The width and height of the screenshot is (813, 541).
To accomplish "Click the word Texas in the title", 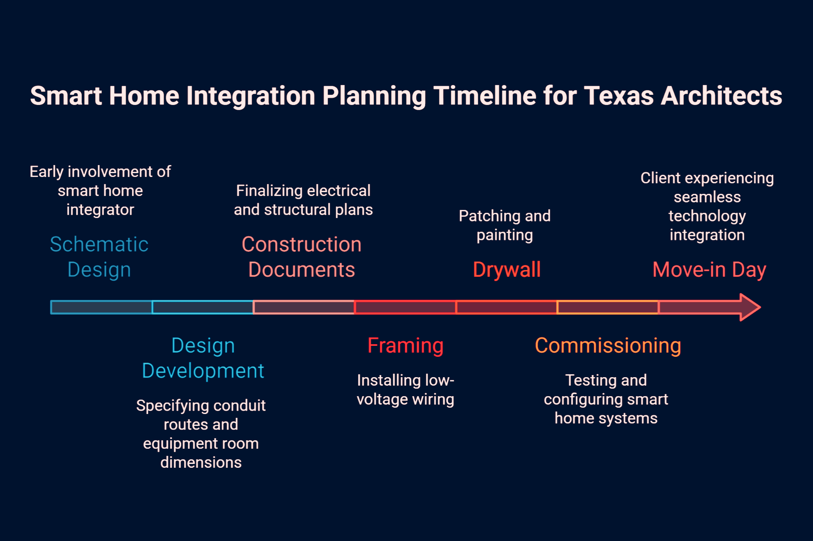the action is point(619,96).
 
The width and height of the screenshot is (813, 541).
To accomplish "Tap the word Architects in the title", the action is point(722,96).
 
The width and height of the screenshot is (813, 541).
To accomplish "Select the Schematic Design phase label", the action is point(99,257).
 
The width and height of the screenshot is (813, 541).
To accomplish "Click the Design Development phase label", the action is point(203,358).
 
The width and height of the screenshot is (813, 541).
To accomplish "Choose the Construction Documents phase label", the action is point(301,257).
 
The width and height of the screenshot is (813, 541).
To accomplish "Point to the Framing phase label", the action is point(405,346).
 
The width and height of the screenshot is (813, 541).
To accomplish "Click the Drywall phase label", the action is point(507,270).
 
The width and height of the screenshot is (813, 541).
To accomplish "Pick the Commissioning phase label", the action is point(608,346).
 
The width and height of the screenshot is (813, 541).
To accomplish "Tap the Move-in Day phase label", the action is point(709,270).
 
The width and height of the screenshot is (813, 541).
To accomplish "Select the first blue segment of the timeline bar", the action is point(101,307).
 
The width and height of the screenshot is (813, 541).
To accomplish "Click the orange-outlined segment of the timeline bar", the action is point(608,307).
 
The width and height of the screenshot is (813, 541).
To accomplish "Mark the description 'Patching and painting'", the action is point(505,225).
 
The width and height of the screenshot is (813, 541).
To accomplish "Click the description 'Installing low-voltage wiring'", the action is point(406,390).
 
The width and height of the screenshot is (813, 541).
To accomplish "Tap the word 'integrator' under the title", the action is point(100,210).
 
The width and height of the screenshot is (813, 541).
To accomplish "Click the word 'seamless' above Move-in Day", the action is point(707,197).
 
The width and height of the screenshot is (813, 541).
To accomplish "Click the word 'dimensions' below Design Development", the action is point(201,463).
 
